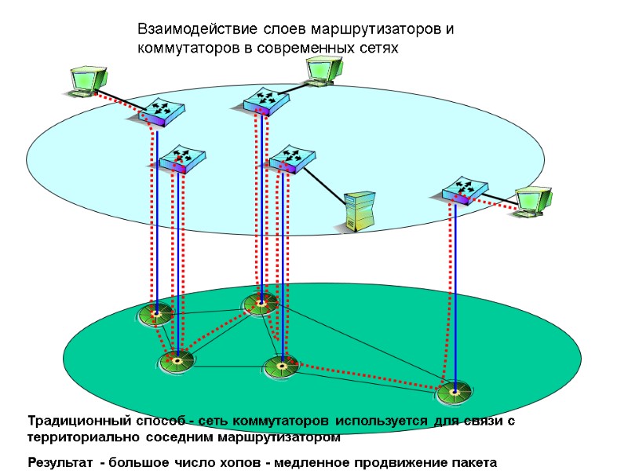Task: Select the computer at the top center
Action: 322,68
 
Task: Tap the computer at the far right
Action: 533,201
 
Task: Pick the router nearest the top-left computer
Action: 157,111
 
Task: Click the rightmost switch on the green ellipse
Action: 454,390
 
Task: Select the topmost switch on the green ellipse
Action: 260,302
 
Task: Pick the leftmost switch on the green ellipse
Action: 155,314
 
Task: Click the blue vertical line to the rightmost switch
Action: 455,298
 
